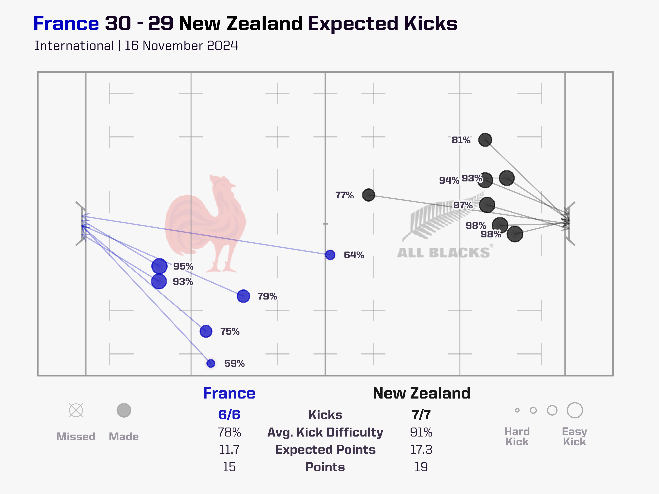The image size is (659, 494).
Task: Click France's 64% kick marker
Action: (330, 255)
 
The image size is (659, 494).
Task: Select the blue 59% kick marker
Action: (211, 363)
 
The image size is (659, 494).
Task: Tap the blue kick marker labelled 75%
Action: (206, 331)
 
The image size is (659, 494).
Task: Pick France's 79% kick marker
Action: (243, 296)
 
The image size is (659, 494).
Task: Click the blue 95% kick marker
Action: (159, 266)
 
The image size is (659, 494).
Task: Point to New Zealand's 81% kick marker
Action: (485, 140)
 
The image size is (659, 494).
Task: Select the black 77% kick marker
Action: (369, 195)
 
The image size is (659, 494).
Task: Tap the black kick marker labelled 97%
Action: (487, 205)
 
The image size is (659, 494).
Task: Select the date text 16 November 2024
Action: (181, 46)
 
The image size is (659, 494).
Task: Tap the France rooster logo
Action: (206, 223)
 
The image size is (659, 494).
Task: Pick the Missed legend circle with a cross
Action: (76, 410)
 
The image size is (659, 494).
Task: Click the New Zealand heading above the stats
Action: (422, 393)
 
